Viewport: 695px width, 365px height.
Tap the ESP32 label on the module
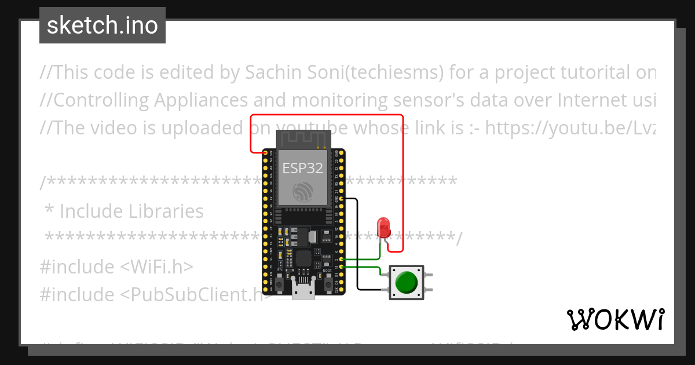tap(302, 168)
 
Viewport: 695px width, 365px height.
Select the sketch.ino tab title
tap(103, 25)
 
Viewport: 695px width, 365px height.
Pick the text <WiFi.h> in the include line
tap(156, 267)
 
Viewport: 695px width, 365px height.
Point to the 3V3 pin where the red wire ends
tap(265, 152)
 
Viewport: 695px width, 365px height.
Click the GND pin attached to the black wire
tap(342, 199)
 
